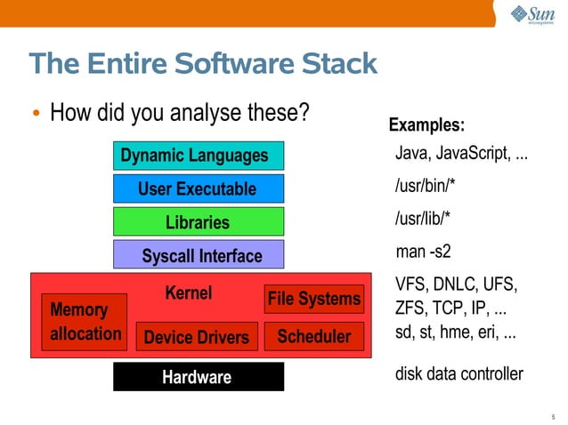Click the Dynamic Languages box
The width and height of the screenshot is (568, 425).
pos(198,156)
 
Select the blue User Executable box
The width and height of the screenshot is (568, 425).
pos(198,188)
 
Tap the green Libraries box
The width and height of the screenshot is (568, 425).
pos(198,221)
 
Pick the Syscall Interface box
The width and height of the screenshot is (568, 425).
pos(198,255)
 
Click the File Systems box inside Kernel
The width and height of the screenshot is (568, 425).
pos(314,300)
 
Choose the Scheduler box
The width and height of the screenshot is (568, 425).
pos(314,336)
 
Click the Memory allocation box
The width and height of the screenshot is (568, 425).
pos(85,322)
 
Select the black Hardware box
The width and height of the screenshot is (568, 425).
pos(198,377)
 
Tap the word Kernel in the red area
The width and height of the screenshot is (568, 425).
pos(189,293)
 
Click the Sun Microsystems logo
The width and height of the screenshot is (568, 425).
pos(531,17)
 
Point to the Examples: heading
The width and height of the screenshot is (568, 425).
pos(427,124)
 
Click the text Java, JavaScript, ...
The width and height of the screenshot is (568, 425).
pos(460,156)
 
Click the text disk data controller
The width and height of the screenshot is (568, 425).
pos(458,374)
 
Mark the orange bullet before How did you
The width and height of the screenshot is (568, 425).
pos(36,115)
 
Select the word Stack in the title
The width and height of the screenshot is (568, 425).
pos(335,64)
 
